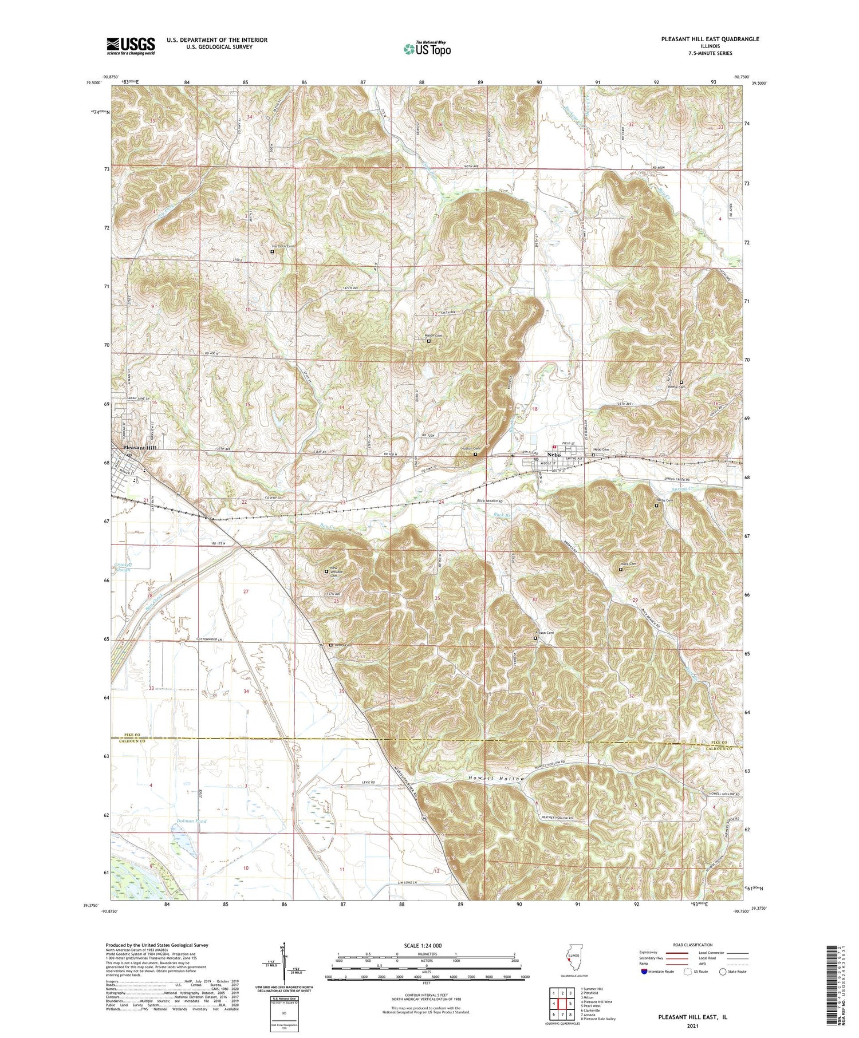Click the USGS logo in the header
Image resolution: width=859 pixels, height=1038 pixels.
(131, 46)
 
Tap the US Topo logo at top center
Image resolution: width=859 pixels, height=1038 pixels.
(427, 49)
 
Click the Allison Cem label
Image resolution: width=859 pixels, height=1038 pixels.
(544, 633)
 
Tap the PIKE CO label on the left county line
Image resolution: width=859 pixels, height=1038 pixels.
(132, 735)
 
